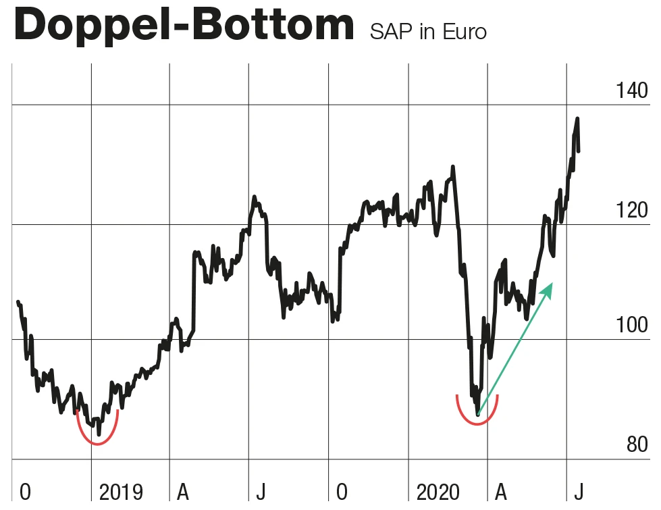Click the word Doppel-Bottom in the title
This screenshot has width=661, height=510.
point(183,26)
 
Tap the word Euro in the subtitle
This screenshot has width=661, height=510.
point(464,32)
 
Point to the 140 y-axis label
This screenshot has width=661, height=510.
point(632,91)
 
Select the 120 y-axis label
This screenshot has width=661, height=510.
point(632,210)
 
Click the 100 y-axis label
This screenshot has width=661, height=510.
point(632,326)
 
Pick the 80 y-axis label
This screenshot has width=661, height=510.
point(637,444)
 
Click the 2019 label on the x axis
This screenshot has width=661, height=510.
point(122,491)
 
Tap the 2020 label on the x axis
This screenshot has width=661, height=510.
point(439,491)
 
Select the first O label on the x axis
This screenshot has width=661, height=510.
point(25,491)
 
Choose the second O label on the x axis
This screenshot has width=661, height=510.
point(342,491)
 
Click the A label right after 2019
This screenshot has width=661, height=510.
point(182,491)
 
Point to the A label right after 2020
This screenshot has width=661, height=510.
point(502,491)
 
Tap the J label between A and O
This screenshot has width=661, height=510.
point(260,491)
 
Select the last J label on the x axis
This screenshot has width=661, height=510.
point(578,491)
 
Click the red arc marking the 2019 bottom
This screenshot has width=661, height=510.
point(98,443)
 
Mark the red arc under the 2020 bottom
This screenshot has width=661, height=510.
point(477,424)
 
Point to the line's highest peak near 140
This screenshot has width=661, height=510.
point(577,119)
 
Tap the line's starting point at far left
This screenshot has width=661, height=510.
point(18,302)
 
